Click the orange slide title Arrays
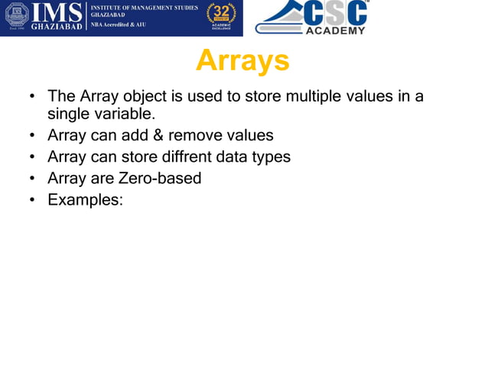pos(242,61)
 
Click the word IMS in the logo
pos(56,13)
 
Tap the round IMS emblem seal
pos(17,17)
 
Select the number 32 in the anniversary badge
pos(221,12)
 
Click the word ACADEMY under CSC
pos(336,31)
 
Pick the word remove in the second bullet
pos(194,136)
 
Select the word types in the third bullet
pos(271,157)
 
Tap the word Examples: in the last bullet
pos(85,200)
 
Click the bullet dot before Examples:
pos(32,201)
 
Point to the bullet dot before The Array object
pos(32,98)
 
